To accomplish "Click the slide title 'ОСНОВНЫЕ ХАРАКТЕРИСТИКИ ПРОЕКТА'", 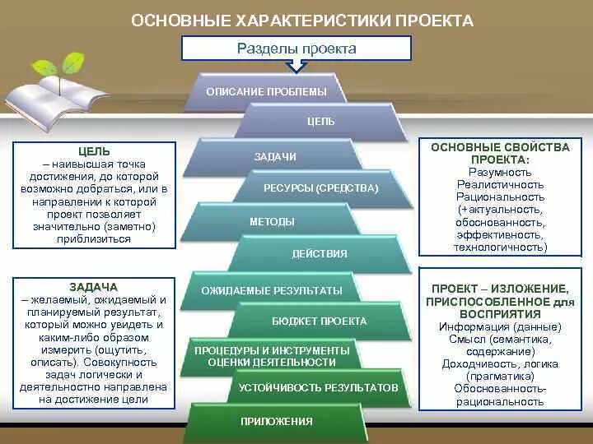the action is pyautogui.click(x=302, y=19).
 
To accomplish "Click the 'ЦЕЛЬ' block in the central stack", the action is pyautogui.click(x=321, y=122).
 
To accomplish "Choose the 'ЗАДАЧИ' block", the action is pyautogui.click(x=276, y=156).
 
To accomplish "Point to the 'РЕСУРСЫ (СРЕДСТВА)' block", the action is pyautogui.click(x=321, y=188).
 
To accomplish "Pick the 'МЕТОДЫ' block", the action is pyautogui.click(x=272, y=222).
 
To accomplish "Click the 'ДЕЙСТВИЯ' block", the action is pyautogui.click(x=320, y=254).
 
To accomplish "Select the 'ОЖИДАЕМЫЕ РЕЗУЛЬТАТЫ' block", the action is pyautogui.click(x=272, y=290).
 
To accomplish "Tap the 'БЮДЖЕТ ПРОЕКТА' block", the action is pyautogui.click(x=320, y=321).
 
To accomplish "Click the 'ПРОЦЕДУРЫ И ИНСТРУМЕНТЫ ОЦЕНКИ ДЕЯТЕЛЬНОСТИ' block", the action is pyautogui.click(x=272, y=356).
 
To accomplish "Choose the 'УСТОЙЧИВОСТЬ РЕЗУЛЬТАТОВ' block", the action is pyautogui.click(x=318, y=387).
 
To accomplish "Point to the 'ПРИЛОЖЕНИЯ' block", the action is pyautogui.click(x=277, y=422).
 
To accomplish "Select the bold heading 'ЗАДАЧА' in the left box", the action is pyautogui.click(x=94, y=287).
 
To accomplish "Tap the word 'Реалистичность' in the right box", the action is pyautogui.click(x=500, y=185).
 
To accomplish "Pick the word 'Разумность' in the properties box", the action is pyautogui.click(x=500, y=173).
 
